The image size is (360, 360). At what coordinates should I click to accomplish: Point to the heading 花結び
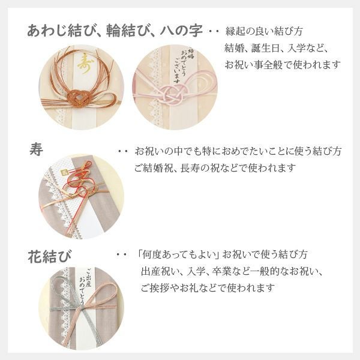click(x=50, y=257)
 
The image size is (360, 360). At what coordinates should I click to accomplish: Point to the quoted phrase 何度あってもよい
click(x=175, y=254)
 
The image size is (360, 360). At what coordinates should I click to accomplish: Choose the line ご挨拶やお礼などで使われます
click(x=207, y=288)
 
